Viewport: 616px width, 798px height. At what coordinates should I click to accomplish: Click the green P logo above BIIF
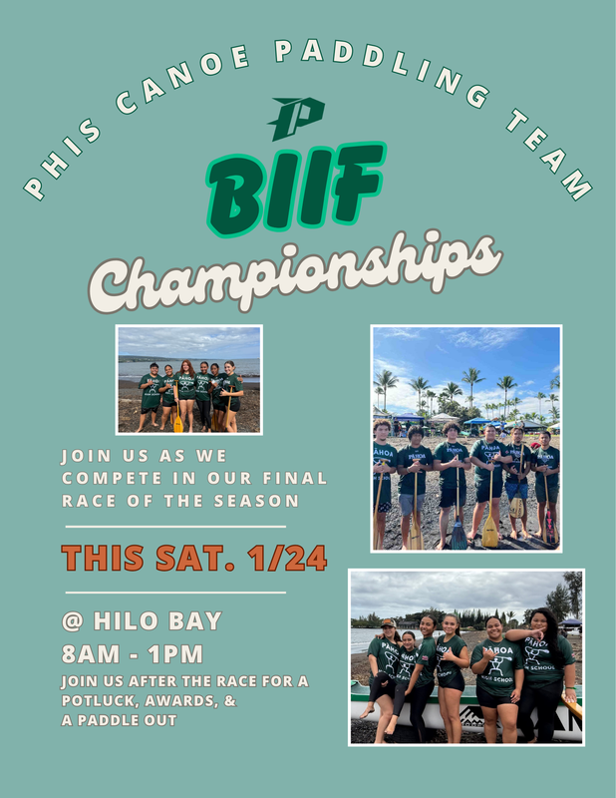point(296,118)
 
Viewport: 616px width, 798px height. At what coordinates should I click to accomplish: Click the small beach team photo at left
point(188,379)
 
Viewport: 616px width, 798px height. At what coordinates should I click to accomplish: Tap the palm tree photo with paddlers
point(466,438)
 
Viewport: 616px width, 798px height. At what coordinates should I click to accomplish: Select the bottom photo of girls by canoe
point(465,657)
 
